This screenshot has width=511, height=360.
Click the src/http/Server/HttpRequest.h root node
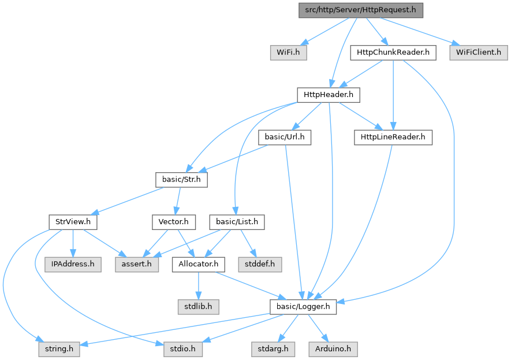pos(361,11)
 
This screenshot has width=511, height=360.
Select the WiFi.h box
pos(288,53)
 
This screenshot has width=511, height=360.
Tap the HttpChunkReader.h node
pos(393,53)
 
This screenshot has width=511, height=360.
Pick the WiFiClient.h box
pos(479,53)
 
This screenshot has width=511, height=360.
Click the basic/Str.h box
pos(181,179)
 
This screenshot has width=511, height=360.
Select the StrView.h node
pos(73,221)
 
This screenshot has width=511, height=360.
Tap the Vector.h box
pos(174,221)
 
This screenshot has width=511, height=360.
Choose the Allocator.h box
pos(198,264)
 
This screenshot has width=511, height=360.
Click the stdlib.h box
pos(198,306)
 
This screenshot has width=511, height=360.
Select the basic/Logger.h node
pos(303,306)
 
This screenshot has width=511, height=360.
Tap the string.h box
pos(60,349)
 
